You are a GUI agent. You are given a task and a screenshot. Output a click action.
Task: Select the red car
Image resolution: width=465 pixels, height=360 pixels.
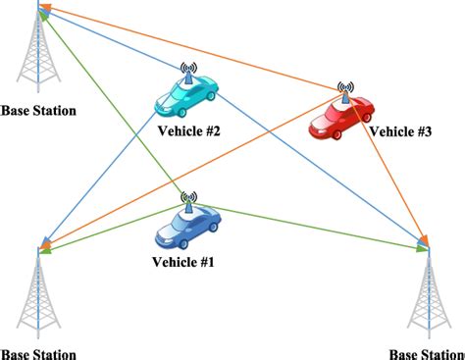tap(341, 115)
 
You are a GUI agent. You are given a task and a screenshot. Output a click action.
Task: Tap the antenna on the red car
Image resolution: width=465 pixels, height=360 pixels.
tap(344, 89)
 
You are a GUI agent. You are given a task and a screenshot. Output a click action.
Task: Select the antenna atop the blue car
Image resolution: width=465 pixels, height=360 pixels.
tap(188, 198)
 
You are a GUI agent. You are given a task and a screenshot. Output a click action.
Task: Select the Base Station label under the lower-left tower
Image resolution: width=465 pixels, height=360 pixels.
tap(37, 353)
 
